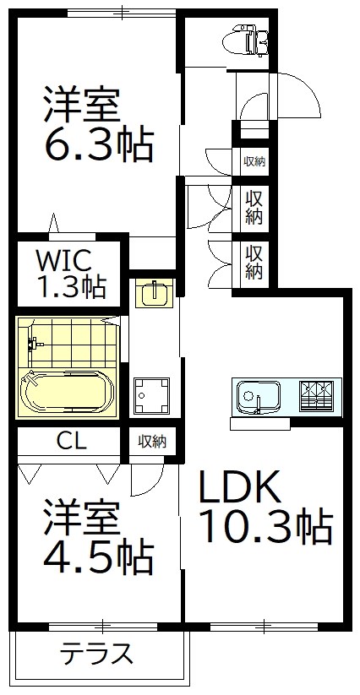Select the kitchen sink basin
pyautogui.click(x=258, y=395)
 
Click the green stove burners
pyautogui.click(x=317, y=394)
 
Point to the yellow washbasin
pyautogui.click(x=153, y=294)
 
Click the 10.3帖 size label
pyautogui.click(x=265, y=528)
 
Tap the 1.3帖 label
pyautogui.click(x=71, y=287)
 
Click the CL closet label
pyautogui.click(x=71, y=441)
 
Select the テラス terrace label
pyautogui.click(x=97, y=654)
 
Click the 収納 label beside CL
pyautogui.click(x=153, y=441)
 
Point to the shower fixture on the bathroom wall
pyautogui.click(x=35, y=345)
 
